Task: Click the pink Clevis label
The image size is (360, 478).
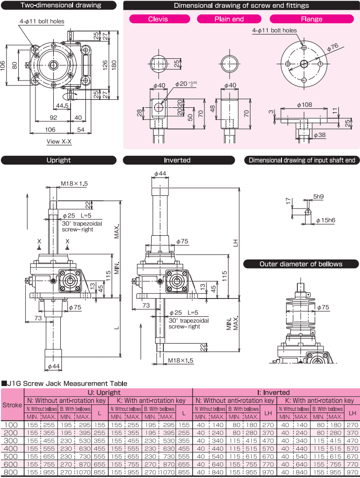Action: [158, 19]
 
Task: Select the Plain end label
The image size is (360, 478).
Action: [229, 19]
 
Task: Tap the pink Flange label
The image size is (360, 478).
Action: [311, 19]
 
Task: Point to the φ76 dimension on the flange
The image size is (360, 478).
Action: [332, 46]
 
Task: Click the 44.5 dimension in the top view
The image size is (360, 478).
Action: [62, 106]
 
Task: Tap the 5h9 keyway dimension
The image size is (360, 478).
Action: [319, 196]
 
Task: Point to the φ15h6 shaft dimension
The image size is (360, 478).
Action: [325, 219]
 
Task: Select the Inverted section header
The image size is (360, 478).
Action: [177, 160]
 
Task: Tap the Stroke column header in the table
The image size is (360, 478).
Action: [12, 404]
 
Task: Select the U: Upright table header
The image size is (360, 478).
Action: [107, 392]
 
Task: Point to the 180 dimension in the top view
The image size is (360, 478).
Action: [114, 65]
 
